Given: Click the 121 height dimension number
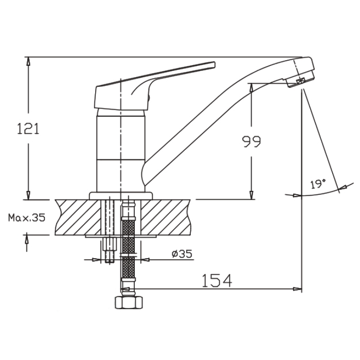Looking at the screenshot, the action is tap(28, 129).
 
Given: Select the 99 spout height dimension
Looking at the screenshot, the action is tap(251, 141).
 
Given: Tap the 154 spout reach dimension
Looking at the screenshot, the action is tap(217, 280).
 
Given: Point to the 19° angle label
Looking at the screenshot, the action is tap(318, 184).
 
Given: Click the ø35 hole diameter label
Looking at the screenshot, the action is tap(182, 254).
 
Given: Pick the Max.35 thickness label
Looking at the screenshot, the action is tap(27, 218).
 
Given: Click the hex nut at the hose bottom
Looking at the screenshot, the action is tap(129, 302).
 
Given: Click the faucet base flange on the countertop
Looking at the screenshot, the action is tap(121, 196).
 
